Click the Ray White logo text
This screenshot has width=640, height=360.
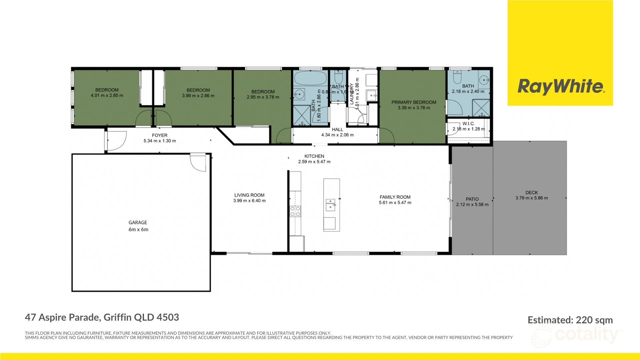click(560, 86)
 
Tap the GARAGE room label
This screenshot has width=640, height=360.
click(138, 222)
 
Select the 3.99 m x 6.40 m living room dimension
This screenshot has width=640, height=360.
click(249, 201)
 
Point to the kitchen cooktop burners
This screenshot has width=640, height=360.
click(295, 211)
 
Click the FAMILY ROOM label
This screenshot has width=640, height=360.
click(395, 197)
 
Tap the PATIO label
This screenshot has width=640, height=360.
click(472, 199)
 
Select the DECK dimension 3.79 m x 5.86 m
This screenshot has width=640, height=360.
click(532, 198)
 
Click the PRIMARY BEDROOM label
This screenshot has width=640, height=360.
click(414, 102)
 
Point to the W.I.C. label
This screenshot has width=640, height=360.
click(468, 124)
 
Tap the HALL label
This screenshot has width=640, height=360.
click(337, 129)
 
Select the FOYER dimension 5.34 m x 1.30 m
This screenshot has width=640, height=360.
click(160, 141)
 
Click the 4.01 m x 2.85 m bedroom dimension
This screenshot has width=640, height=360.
click(107, 95)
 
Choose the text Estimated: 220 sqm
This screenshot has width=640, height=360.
click(570, 320)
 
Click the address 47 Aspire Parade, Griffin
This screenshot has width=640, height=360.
click(102, 317)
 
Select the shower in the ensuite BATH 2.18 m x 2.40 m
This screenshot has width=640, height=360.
click(481, 108)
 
